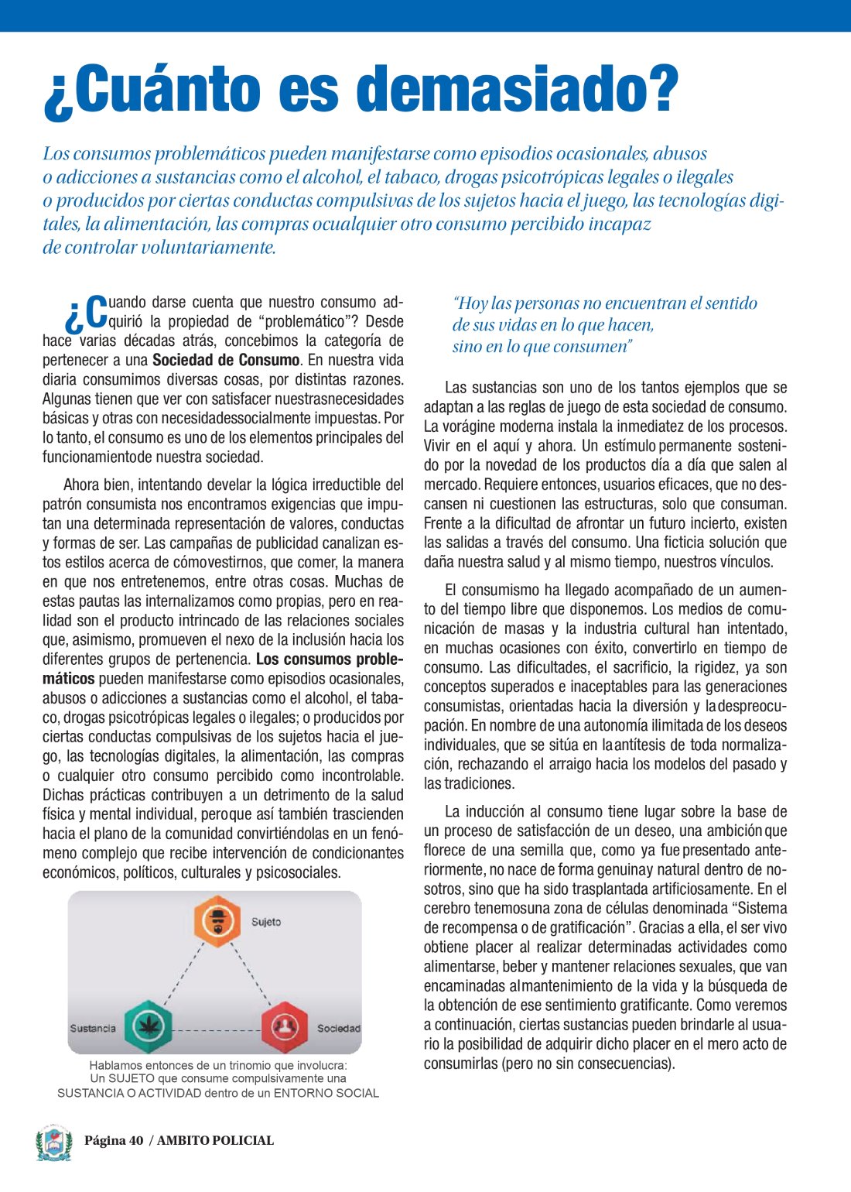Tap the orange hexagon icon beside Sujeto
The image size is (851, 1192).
coord(217,921)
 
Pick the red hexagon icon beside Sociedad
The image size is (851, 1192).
coord(285,1027)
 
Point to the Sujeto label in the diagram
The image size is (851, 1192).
coord(266,922)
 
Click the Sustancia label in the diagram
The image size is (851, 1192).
coord(93,1029)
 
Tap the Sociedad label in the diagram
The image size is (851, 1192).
coord(339,1029)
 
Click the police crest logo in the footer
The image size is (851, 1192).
coord(53,1142)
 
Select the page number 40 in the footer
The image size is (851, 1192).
coord(136,1140)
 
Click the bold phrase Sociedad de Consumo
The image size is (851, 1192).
coord(226,360)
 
